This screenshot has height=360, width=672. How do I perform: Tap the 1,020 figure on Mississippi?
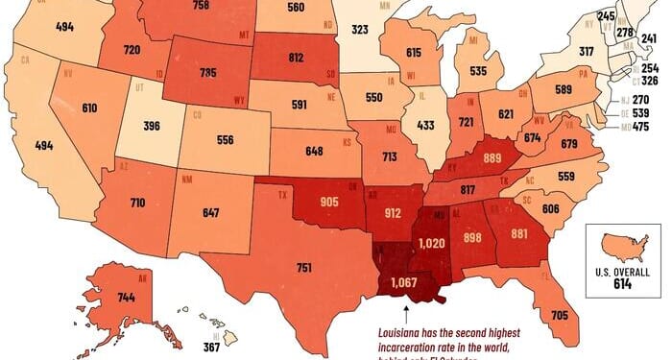(430, 246)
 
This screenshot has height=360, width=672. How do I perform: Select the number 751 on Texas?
(304, 268)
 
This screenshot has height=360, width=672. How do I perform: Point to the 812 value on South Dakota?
(298, 57)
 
